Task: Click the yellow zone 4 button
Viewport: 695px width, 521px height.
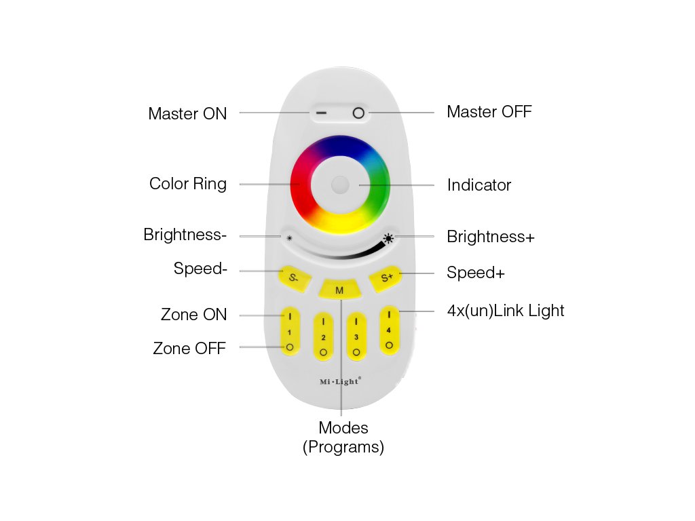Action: coord(389,330)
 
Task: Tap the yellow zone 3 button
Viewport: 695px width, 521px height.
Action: coord(356,336)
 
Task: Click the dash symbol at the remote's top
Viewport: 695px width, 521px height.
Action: coord(321,113)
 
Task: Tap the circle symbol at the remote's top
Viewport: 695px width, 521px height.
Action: coord(358,113)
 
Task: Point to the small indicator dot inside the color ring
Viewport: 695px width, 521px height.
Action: coord(340,185)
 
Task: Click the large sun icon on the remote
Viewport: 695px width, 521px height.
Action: coord(388,238)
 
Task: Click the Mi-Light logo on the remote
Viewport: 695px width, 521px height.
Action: coord(340,381)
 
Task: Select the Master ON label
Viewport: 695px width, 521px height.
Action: coord(187,113)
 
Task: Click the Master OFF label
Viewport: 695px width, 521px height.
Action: coord(489,112)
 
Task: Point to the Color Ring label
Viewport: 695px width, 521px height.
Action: coord(188,184)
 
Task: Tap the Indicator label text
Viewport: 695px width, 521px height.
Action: coord(478,185)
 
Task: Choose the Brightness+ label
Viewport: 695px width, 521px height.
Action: coord(490,237)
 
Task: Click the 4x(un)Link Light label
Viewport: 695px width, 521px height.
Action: coord(505,311)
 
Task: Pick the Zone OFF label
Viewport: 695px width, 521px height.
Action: coord(189,349)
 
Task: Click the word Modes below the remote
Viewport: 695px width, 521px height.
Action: coord(343,428)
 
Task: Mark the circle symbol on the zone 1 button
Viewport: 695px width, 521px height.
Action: coord(290,347)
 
